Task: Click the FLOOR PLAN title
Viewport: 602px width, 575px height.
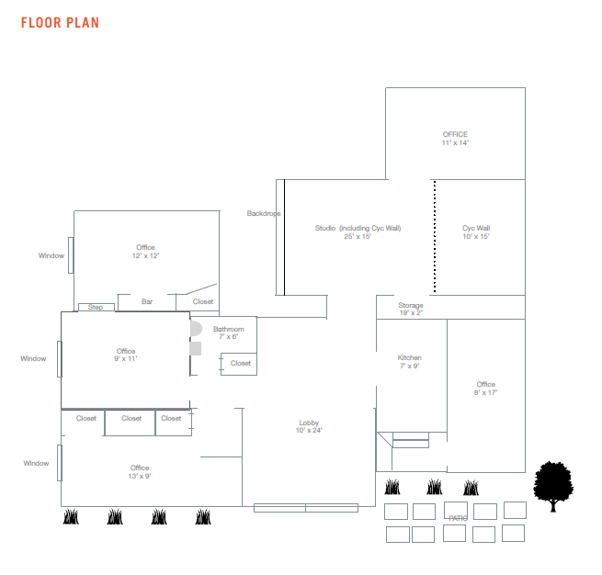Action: click(60, 23)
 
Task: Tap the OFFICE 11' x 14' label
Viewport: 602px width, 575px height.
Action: click(455, 139)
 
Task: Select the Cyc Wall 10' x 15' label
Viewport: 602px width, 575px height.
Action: click(476, 232)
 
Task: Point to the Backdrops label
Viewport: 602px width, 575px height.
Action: click(264, 213)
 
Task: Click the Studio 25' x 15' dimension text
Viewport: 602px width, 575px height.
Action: click(358, 237)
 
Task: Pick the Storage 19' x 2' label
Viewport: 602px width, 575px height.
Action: click(411, 309)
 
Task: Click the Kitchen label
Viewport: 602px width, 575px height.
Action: click(409, 357)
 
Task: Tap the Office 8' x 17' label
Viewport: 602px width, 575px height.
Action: click(485, 389)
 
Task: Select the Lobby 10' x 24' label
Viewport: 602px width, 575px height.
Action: click(309, 426)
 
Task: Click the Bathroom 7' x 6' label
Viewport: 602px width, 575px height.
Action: click(229, 333)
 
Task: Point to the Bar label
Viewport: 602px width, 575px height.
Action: click(147, 301)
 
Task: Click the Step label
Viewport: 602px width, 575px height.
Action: click(96, 307)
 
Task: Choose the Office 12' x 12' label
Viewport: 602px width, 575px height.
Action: click(145, 252)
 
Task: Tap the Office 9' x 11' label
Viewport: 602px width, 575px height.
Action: click(126, 355)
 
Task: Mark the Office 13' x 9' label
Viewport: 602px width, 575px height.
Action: click(140, 472)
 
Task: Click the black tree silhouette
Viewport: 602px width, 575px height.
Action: click(553, 486)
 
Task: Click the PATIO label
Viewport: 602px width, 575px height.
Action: click(458, 518)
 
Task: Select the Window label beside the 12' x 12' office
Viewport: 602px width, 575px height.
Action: click(51, 255)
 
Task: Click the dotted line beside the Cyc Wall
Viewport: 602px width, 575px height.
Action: click(435, 236)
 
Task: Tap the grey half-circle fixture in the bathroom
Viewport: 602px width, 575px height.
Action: click(195, 328)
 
